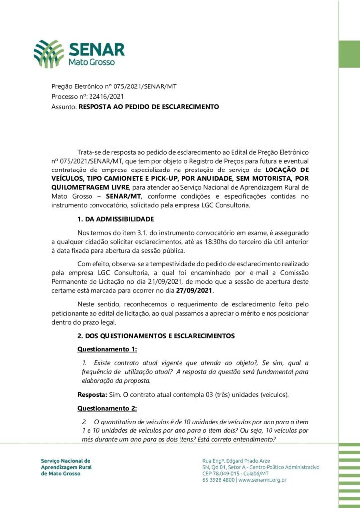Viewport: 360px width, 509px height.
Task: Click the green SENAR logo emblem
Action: coord(49,54)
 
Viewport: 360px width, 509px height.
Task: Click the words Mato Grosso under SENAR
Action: coord(91,63)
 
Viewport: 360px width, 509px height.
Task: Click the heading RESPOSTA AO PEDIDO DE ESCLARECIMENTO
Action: coord(149,106)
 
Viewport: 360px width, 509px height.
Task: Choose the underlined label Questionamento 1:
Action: coord(107,349)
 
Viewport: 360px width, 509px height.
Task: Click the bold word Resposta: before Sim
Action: coord(92,395)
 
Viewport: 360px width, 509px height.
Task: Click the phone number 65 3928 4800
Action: coord(219,480)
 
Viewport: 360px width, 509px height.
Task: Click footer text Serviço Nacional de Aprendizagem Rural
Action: coord(66,464)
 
